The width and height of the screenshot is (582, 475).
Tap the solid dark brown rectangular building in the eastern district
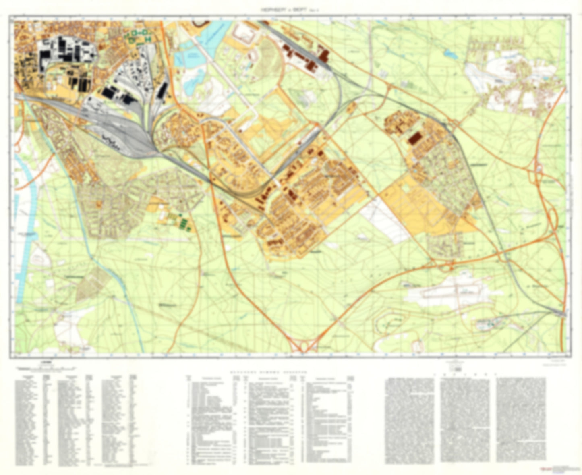414,138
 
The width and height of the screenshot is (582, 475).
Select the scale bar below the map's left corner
45,368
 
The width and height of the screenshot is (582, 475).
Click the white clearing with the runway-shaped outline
447,291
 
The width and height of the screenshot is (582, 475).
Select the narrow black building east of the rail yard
162,90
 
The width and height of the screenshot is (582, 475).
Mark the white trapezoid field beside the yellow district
385,219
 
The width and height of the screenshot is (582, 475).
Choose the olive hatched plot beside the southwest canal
91,284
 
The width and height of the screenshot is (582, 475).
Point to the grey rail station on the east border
560,313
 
